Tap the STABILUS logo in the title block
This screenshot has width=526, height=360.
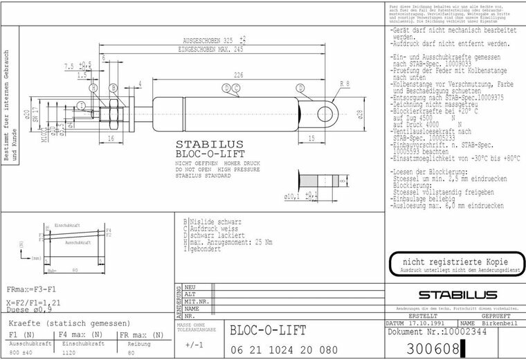click(x=452, y=295)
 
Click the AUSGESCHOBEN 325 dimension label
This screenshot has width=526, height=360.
click(x=204, y=39)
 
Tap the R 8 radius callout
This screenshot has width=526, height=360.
click(x=344, y=84)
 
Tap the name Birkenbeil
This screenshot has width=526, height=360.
click(x=498, y=323)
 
